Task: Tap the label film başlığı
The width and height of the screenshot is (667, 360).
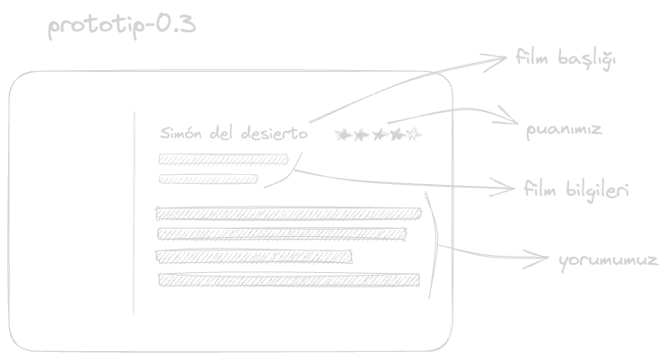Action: (x=566, y=60)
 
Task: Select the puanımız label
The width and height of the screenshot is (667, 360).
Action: (x=564, y=130)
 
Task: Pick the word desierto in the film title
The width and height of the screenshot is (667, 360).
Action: (x=275, y=134)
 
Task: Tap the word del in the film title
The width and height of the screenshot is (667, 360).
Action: (x=223, y=134)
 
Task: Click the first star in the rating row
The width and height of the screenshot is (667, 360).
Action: (x=341, y=135)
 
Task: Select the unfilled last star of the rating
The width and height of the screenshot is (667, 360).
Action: (x=413, y=135)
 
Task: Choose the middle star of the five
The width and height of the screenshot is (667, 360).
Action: (x=378, y=135)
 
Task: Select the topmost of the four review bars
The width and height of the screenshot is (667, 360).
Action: (x=288, y=213)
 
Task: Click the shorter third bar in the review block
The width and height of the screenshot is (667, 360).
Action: (x=254, y=258)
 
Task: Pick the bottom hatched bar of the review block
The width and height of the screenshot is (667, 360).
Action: (x=288, y=280)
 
